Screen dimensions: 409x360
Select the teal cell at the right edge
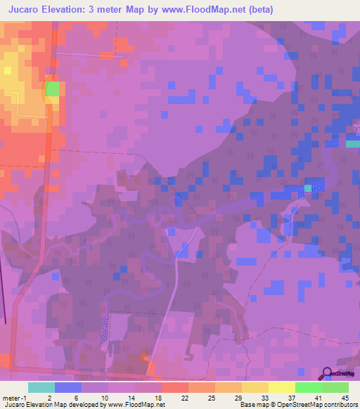point(352,143)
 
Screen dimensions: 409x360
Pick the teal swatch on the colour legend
point(41,387)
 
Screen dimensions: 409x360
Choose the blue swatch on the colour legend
point(67,387)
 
